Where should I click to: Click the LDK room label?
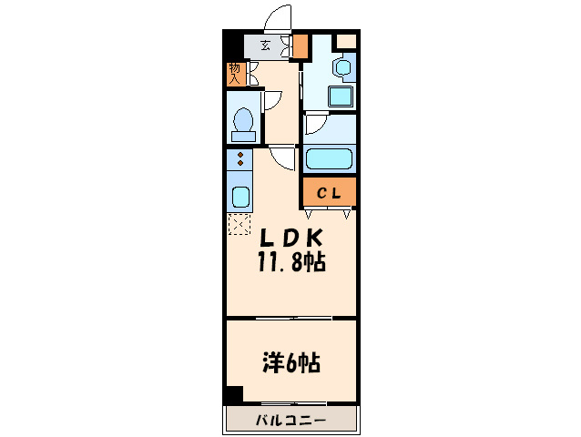point(291,239)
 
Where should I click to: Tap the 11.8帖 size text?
point(291,263)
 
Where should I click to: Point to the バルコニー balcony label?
point(290,420)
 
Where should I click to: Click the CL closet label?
point(329,192)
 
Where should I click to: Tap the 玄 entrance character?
point(266,45)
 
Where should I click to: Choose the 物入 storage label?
point(235,74)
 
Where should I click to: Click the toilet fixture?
point(243,123)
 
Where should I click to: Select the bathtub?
point(329,159)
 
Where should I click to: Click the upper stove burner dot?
point(240,156)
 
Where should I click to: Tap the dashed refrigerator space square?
point(239,224)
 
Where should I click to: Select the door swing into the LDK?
point(284,158)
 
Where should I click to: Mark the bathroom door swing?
point(316,126)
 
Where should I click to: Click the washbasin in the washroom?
point(342,67)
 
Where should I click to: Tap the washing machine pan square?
point(341,97)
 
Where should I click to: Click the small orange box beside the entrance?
point(300,45)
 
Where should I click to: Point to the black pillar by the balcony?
point(234,394)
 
